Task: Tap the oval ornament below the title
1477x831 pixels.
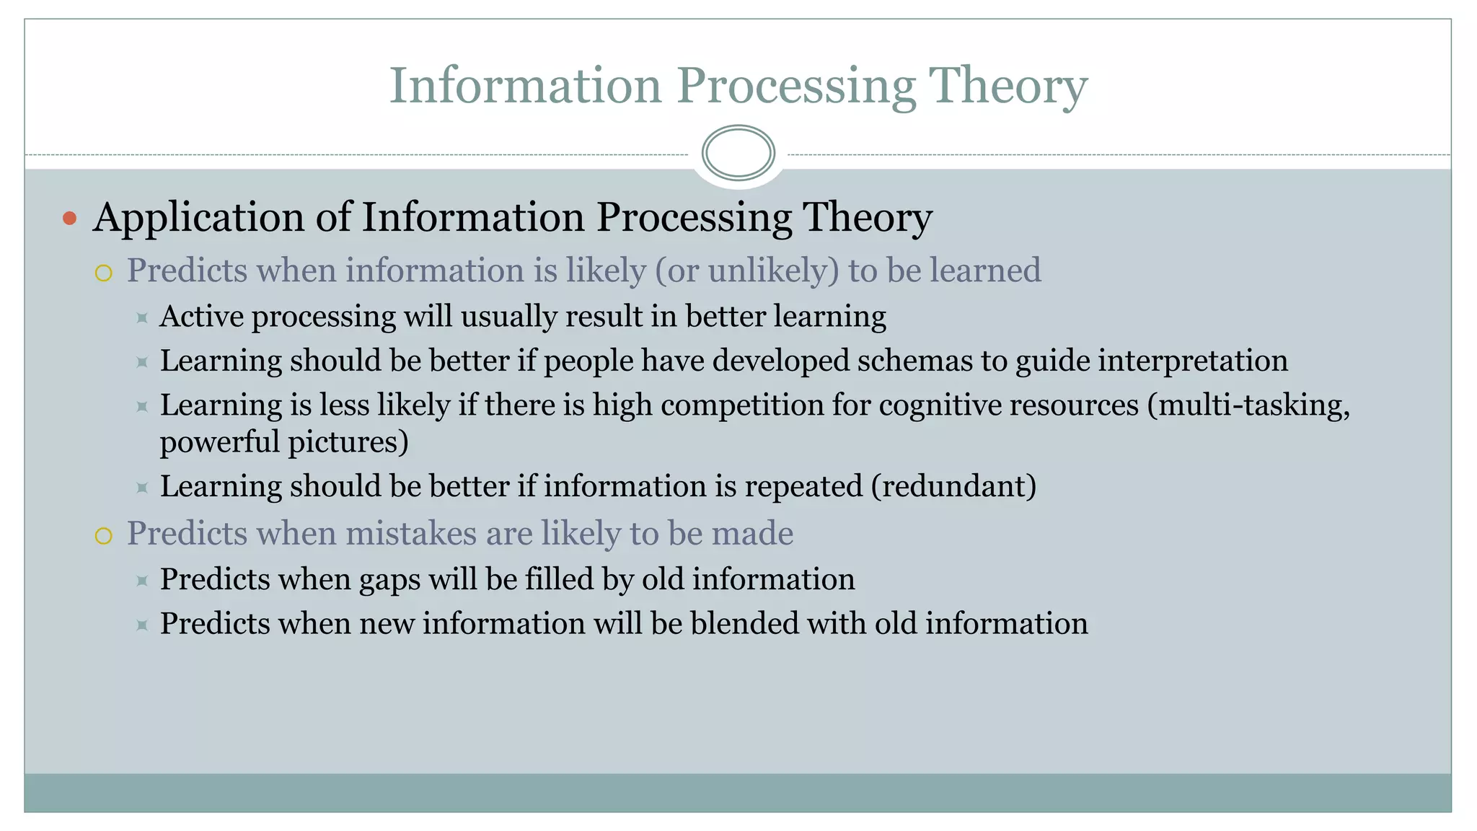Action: (738, 153)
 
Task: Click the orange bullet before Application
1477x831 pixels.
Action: (69, 218)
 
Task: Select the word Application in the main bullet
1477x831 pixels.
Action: (199, 218)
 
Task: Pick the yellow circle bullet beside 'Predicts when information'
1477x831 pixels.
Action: (104, 273)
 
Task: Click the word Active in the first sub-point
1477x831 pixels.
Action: (201, 317)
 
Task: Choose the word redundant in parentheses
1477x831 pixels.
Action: (953, 486)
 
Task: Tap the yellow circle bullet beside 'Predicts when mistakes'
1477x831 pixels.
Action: (104, 536)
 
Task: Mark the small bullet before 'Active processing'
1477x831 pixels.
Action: (142, 317)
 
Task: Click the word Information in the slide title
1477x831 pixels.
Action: (525, 86)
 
